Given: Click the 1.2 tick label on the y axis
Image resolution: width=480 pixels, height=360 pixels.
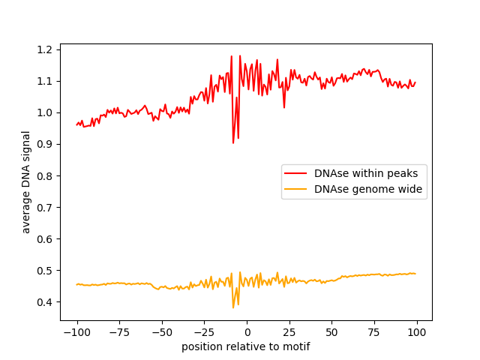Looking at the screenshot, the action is pos(44,49).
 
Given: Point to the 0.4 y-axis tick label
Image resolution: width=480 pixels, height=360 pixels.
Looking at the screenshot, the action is pos(44,302).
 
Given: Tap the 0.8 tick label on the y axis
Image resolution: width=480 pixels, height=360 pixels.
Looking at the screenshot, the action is pos(44,176).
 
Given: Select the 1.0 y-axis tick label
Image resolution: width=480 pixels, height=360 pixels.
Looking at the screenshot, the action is pos(44,113).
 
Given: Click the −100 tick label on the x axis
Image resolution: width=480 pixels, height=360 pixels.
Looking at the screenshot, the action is pos(76,332).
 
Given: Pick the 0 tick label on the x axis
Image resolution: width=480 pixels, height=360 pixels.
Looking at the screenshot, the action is pos(247,332).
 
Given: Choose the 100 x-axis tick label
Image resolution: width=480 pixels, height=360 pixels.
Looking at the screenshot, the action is pos(417,332).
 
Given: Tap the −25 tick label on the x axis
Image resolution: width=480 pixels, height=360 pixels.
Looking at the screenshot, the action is pos(204,332).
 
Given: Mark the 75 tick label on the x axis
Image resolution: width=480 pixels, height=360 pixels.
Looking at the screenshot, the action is pos(374,332).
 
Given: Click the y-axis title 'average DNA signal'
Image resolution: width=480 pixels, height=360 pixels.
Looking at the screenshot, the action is pos(26,182).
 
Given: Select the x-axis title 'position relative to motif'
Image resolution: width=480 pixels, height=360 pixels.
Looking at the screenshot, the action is pos(246,346).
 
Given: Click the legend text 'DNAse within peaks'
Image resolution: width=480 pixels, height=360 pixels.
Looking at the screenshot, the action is pos(366,173).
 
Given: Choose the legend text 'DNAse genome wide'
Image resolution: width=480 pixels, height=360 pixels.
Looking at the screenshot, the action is pos(368,189).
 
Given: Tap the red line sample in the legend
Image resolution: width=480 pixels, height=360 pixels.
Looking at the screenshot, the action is pos(295,173).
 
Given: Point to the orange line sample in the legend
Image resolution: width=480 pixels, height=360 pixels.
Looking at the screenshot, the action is pos(295,189).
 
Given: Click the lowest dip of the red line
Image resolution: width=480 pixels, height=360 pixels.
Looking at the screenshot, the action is pos(233,143).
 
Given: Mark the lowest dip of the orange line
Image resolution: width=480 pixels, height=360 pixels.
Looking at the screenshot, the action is pos(233,307).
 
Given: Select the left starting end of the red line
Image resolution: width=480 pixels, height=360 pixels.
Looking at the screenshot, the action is pos(76,125).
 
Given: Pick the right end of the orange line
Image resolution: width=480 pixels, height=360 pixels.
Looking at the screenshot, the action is pos(415,274).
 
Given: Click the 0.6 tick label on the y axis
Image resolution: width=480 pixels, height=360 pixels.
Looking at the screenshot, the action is pos(44,239).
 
